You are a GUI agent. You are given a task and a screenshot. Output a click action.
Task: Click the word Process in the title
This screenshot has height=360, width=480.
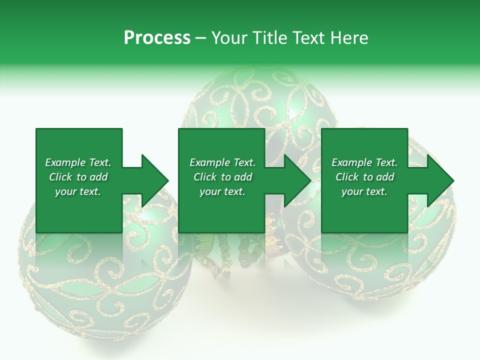pos(157,38)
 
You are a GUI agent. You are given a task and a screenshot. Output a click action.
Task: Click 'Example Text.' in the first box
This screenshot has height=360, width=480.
pos(78,162)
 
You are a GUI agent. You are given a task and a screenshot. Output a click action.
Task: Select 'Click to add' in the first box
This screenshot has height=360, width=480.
pos(78,177)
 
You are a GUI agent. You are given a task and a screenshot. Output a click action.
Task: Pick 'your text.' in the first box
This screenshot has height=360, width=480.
pos(78,191)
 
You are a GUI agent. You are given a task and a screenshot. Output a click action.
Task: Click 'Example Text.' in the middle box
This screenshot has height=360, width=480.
pos(222,162)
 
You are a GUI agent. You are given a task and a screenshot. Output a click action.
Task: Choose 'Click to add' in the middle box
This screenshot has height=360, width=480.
pos(222,177)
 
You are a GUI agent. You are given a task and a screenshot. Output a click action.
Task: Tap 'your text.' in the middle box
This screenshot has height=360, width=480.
pos(222,191)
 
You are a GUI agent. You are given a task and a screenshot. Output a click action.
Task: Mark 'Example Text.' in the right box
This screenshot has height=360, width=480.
pos(364,162)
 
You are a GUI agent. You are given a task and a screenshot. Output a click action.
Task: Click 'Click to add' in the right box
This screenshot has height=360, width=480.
pos(364,177)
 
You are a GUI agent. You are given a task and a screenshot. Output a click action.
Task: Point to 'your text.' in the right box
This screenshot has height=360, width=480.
pos(364,191)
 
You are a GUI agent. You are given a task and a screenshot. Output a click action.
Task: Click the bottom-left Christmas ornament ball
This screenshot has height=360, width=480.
pos(100,280)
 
